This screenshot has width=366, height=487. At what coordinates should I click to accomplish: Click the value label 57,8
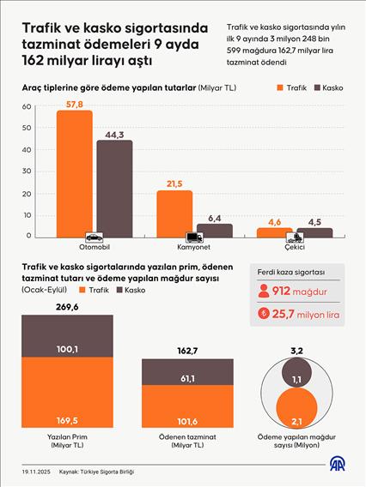tap(75, 103)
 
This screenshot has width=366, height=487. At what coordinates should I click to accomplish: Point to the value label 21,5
tap(174, 183)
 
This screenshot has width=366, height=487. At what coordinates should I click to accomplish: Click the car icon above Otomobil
tap(94, 236)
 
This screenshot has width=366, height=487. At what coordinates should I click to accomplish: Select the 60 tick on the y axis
tap(27, 107)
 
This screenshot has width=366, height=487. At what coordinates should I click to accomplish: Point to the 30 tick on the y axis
tap(27, 171)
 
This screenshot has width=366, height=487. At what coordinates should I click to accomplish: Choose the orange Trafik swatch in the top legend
tap(281, 87)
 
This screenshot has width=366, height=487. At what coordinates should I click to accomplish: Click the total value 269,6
tap(67, 306)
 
